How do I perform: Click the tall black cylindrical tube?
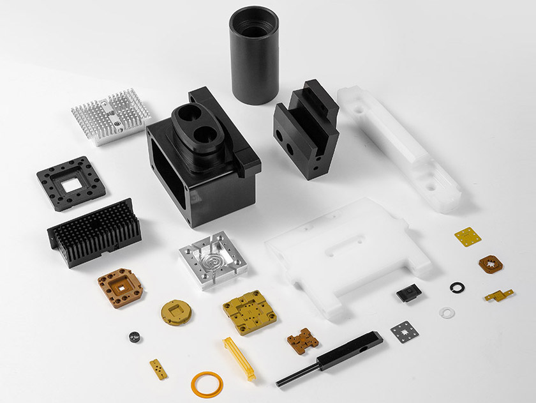(x=254, y=56)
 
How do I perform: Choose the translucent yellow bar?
(x=239, y=358)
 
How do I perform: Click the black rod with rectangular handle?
(x=332, y=358)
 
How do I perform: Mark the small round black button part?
(x=134, y=337)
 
